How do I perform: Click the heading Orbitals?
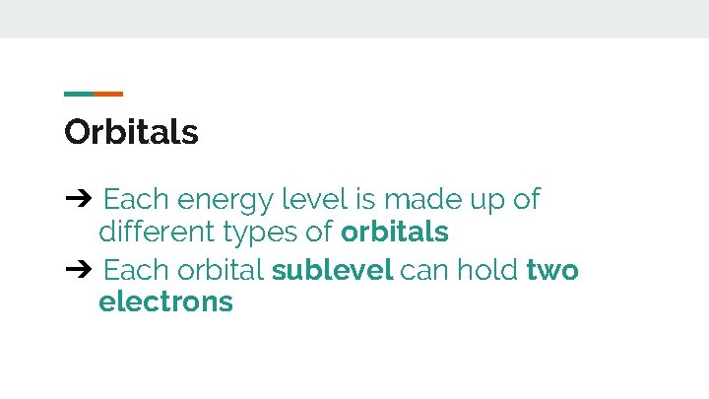tap(131, 132)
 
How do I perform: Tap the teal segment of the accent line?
tap(79, 95)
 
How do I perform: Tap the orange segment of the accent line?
tap(108, 95)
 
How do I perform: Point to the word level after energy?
tap(314, 200)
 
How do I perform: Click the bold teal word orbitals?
tap(395, 233)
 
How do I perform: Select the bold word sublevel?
tap(333, 269)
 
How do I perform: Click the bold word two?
tap(552, 270)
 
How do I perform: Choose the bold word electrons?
tap(165, 301)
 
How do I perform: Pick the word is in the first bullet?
tap(365, 200)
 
